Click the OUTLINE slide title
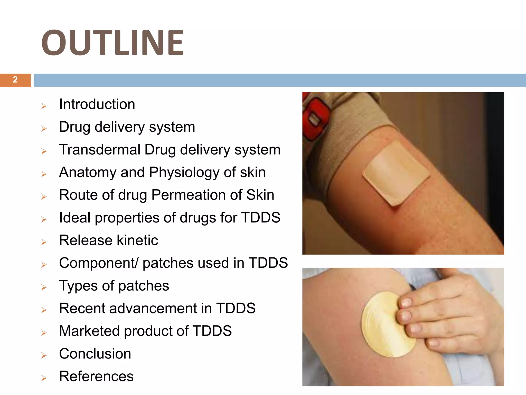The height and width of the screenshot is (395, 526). pyautogui.click(x=112, y=42)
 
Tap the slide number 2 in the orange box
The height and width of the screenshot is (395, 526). pyautogui.click(x=15, y=80)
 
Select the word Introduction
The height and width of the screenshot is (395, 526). pyautogui.click(x=97, y=104)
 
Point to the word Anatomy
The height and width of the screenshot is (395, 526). pyautogui.click(x=88, y=172)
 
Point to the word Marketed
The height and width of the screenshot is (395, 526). pyautogui.click(x=89, y=331)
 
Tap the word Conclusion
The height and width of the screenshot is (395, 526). pyautogui.click(x=95, y=354)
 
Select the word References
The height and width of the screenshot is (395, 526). pyautogui.click(x=96, y=376)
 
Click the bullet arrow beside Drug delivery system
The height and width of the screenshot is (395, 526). pyautogui.click(x=44, y=129)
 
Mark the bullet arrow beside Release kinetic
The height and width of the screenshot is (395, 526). pyautogui.click(x=44, y=242)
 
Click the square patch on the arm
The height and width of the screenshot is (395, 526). pyautogui.click(x=396, y=174)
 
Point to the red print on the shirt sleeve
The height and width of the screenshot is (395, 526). pyautogui.click(x=315, y=116)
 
